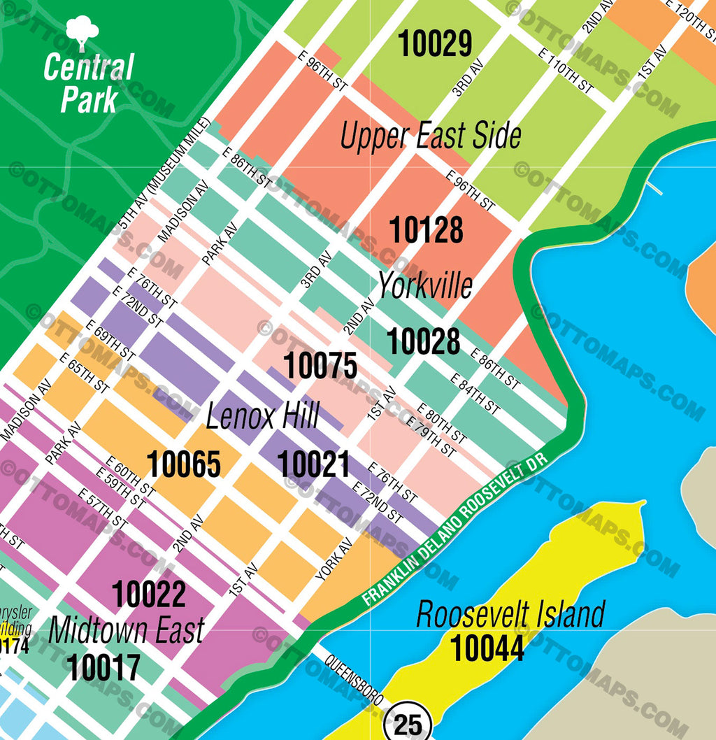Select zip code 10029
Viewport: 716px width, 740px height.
click(435, 44)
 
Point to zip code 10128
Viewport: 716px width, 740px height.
click(426, 230)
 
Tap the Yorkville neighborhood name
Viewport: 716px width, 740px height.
click(425, 285)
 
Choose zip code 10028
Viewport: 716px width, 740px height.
click(424, 341)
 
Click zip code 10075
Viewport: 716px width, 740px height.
click(320, 366)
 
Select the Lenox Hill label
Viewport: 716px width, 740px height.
click(262, 417)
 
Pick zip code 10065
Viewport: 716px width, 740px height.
click(184, 464)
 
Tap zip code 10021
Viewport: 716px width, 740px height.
click(313, 464)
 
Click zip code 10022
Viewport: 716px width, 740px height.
click(149, 595)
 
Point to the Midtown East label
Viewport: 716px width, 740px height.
click(127, 630)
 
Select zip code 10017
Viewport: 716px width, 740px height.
click(103, 667)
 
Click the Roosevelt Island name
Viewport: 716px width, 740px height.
click(510, 615)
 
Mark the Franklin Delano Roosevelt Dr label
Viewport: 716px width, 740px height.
click(457, 529)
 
